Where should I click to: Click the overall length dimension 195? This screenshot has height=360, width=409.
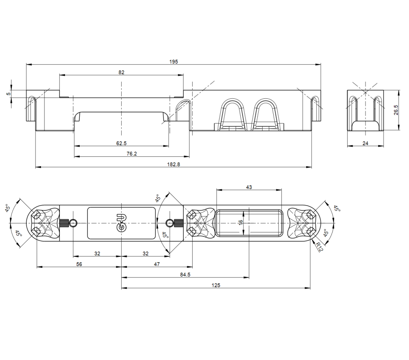[174, 61]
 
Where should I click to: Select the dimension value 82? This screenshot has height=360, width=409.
[121, 72]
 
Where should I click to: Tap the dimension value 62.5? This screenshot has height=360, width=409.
[121, 143]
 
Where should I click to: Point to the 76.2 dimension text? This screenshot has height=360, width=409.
[132, 154]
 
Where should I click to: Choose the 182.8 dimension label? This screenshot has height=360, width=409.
[174, 164]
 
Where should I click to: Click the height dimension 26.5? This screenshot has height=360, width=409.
[396, 110]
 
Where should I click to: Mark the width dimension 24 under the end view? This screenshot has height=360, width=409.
[365, 143]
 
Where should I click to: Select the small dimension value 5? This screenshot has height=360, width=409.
[8, 94]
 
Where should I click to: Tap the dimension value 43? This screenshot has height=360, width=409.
[249, 187]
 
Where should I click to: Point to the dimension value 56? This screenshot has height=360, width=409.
[79, 264]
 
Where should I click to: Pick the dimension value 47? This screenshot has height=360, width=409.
[157, 264]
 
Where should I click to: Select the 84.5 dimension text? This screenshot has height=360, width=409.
[185, 275]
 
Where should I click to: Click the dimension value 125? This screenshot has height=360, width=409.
[216, 285]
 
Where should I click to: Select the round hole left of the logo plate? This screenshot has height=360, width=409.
[73, 223]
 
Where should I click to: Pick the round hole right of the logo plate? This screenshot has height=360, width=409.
[170, 223]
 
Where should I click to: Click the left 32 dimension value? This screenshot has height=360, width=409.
[97, 254]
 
